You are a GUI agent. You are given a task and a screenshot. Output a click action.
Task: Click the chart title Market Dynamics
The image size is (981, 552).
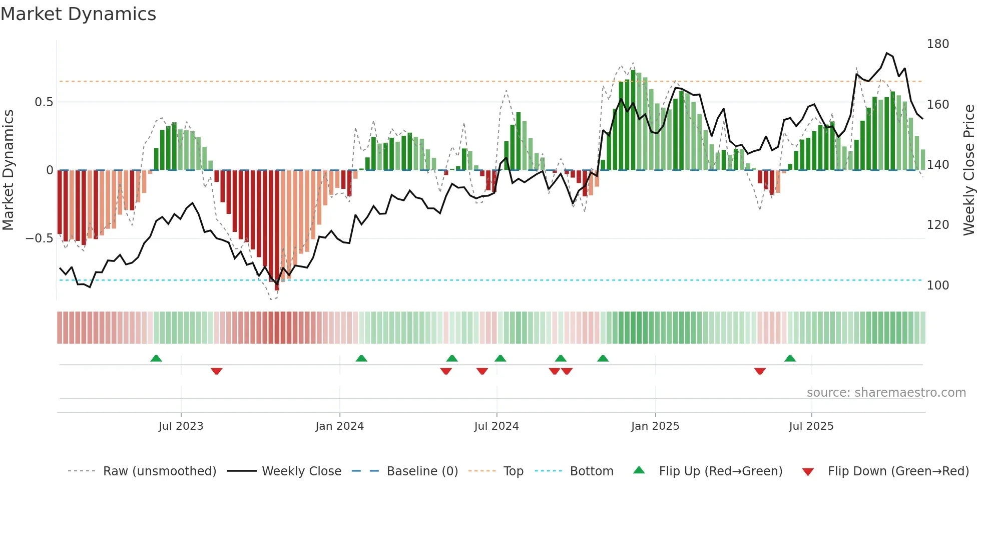[x=79, y=14]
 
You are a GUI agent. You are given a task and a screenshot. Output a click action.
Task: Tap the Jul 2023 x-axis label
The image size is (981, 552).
[x=181, y=426]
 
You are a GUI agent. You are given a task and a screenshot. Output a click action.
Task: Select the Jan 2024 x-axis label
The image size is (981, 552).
[x=339, y=426]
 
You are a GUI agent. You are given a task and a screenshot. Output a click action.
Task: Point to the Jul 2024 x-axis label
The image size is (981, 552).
[x=496, y=426]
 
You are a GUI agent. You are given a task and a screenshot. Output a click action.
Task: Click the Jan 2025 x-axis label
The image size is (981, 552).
[x=655, y=426]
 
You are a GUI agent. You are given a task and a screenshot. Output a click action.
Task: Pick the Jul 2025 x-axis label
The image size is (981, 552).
[x=811, y=426]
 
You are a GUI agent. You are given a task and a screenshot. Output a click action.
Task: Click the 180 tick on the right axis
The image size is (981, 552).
[x=937, y=44]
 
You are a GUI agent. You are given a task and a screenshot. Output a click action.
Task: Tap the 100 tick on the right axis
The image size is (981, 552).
[x=937, y=286]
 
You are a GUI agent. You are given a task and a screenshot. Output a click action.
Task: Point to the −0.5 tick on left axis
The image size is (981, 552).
[x=39, y=238]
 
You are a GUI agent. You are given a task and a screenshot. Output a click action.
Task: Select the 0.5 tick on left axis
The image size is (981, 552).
[x=44, y=102]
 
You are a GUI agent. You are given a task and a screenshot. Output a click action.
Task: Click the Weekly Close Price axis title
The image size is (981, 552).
[x=969, y=170]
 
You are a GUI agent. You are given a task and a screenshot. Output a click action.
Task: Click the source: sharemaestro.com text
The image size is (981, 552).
[x=886, y=393]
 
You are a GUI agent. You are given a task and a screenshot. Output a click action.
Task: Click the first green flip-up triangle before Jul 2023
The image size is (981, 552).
[x=156, y=358]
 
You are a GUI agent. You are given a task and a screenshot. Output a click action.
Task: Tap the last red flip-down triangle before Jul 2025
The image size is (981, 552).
[x=760, y=371]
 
